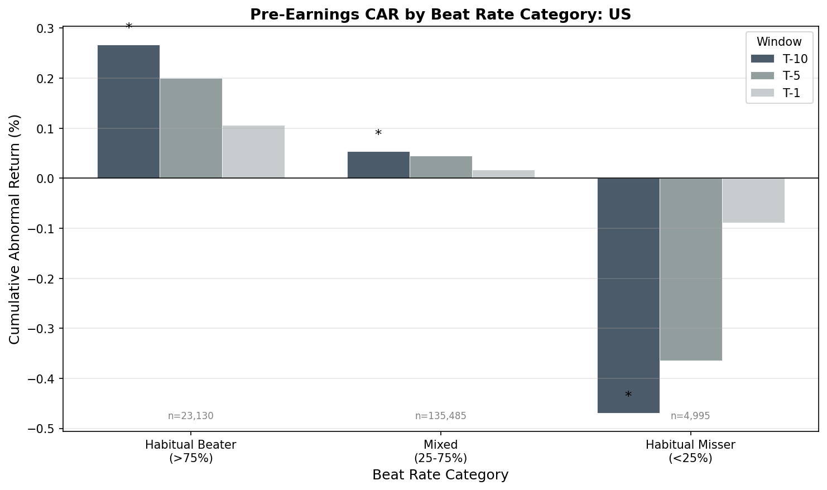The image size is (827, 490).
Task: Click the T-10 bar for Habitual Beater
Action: coord(128,112)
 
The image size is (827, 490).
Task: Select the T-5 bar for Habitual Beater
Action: coord(191,128)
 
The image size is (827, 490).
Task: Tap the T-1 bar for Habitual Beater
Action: coord(253,152)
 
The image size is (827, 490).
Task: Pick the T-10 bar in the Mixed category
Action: coord(378,165)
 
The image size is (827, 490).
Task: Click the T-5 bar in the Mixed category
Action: coord(441,167)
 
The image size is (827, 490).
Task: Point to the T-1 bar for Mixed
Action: coord(503,174)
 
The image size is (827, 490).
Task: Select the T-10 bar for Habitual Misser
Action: coord(628,295)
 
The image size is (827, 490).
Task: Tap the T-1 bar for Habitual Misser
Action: coord(753,200)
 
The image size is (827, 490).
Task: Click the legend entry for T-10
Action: coord(779,59)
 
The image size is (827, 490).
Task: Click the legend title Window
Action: coord(779,42)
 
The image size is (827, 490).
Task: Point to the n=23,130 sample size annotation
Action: coord(191,416)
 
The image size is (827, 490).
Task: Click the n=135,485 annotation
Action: coord(441,416)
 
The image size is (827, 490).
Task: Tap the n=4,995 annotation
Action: coord(690,416)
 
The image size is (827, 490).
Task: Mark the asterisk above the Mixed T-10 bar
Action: coord(378,134)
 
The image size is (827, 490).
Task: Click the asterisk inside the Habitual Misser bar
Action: coord(628,396)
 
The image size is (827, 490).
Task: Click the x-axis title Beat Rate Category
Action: coord(440,475)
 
